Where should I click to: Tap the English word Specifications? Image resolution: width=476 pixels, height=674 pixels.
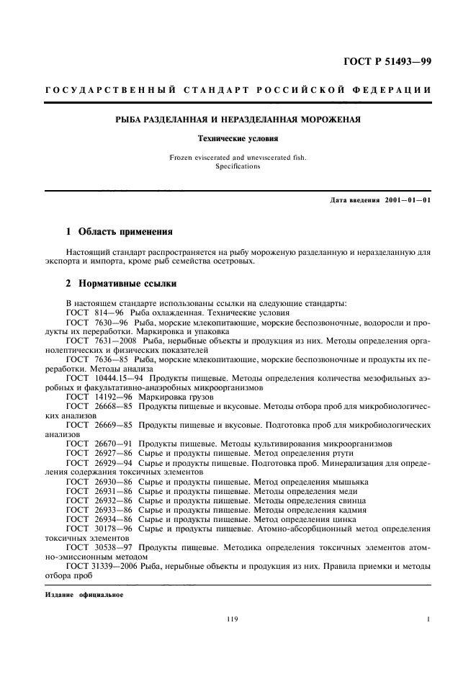pyautogui.click(x=238, y=166)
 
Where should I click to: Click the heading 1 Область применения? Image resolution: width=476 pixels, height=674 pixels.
pyautogui.click(x=119, y=232)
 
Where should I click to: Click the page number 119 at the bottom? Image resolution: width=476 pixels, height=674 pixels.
pyautogui.click(x=232, y=619)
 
